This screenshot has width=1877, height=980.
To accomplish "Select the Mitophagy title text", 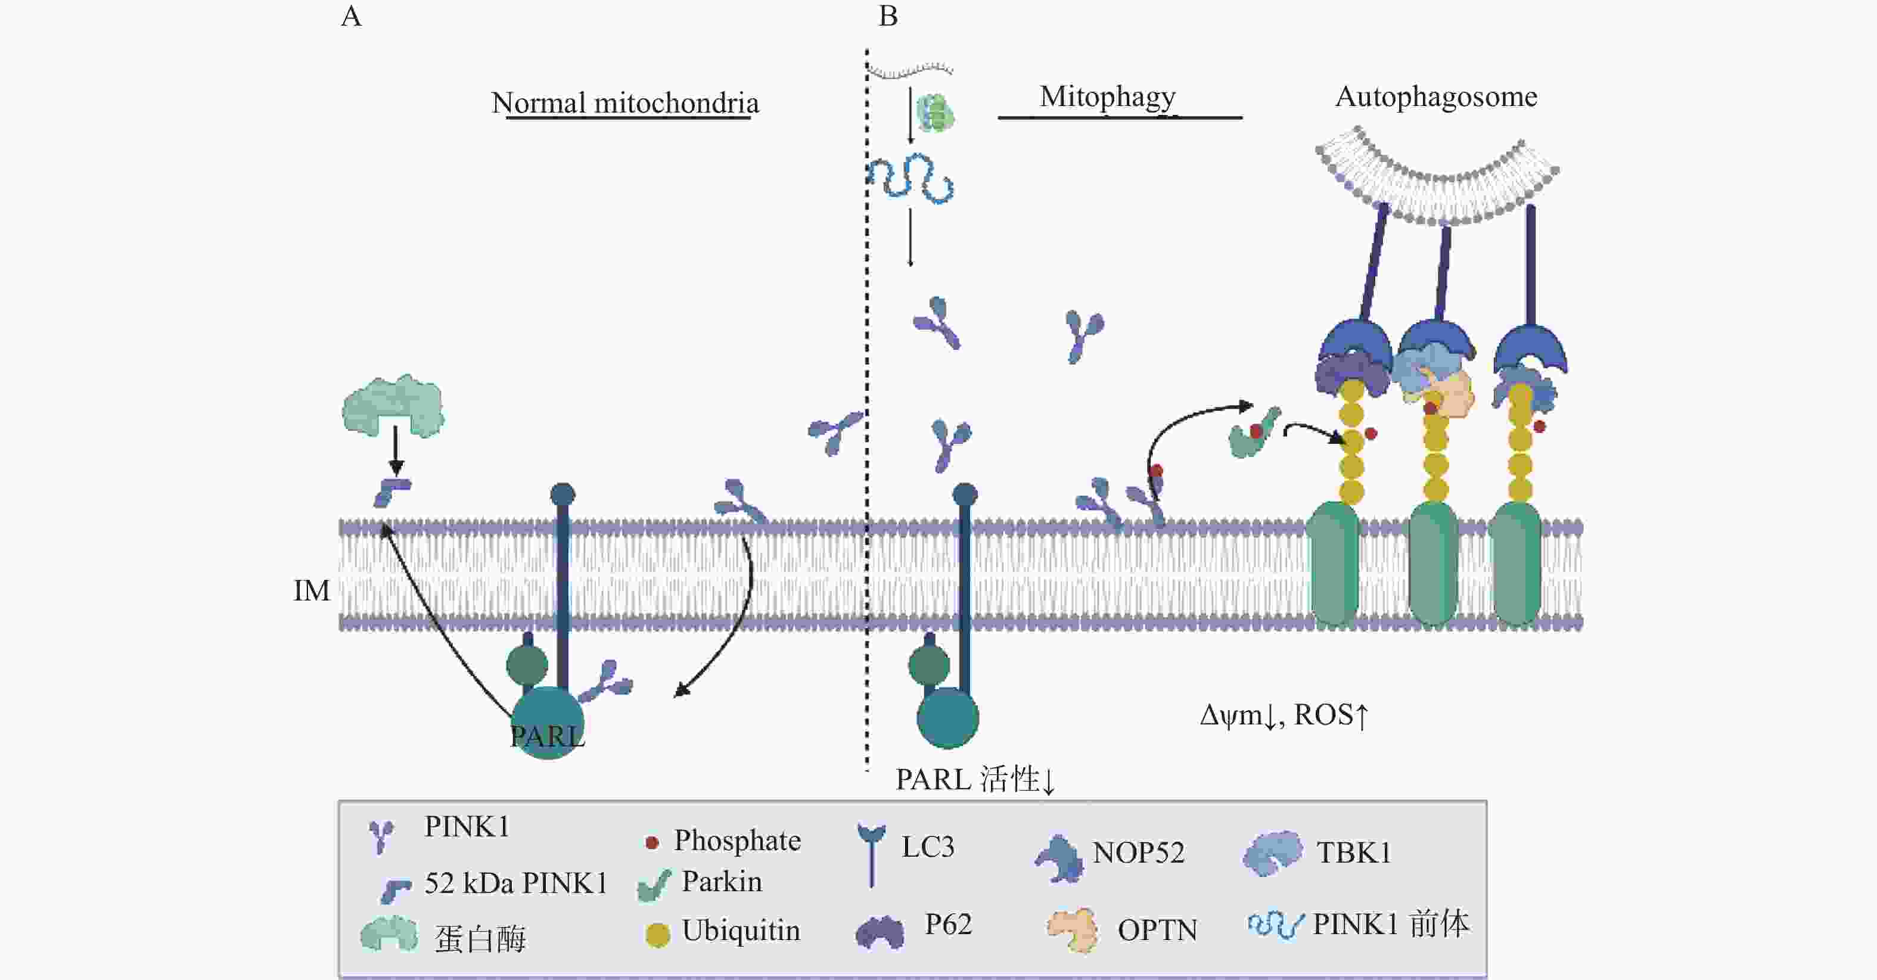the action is (x=1108, y=97).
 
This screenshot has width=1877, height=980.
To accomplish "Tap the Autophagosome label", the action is (x=1436, y=97).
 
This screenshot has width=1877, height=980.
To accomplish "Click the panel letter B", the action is (x=888, y=16).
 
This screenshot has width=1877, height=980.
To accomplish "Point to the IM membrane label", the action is (x=312, y=591).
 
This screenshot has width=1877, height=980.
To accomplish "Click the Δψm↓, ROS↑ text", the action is (x=1285, y=715).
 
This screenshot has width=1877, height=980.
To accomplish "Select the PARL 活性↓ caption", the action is (x=975, y=780).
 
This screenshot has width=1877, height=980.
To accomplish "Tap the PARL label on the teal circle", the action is (x=547, y=736).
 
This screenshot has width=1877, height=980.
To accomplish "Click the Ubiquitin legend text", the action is (x=741, y=931).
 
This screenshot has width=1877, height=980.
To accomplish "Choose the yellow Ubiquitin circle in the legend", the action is (x=657, y=935).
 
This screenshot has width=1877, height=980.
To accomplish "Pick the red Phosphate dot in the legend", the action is (x=652, y=843).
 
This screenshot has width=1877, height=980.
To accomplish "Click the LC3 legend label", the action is (x=928, y=847).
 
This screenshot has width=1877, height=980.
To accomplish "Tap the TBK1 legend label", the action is (x=1354, y=853).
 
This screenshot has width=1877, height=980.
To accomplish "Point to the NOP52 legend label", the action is (x=1138, y=853).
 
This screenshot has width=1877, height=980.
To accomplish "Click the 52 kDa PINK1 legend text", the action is (x=516, y=883).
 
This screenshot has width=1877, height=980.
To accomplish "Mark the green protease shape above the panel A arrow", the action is (x=393, y=406).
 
